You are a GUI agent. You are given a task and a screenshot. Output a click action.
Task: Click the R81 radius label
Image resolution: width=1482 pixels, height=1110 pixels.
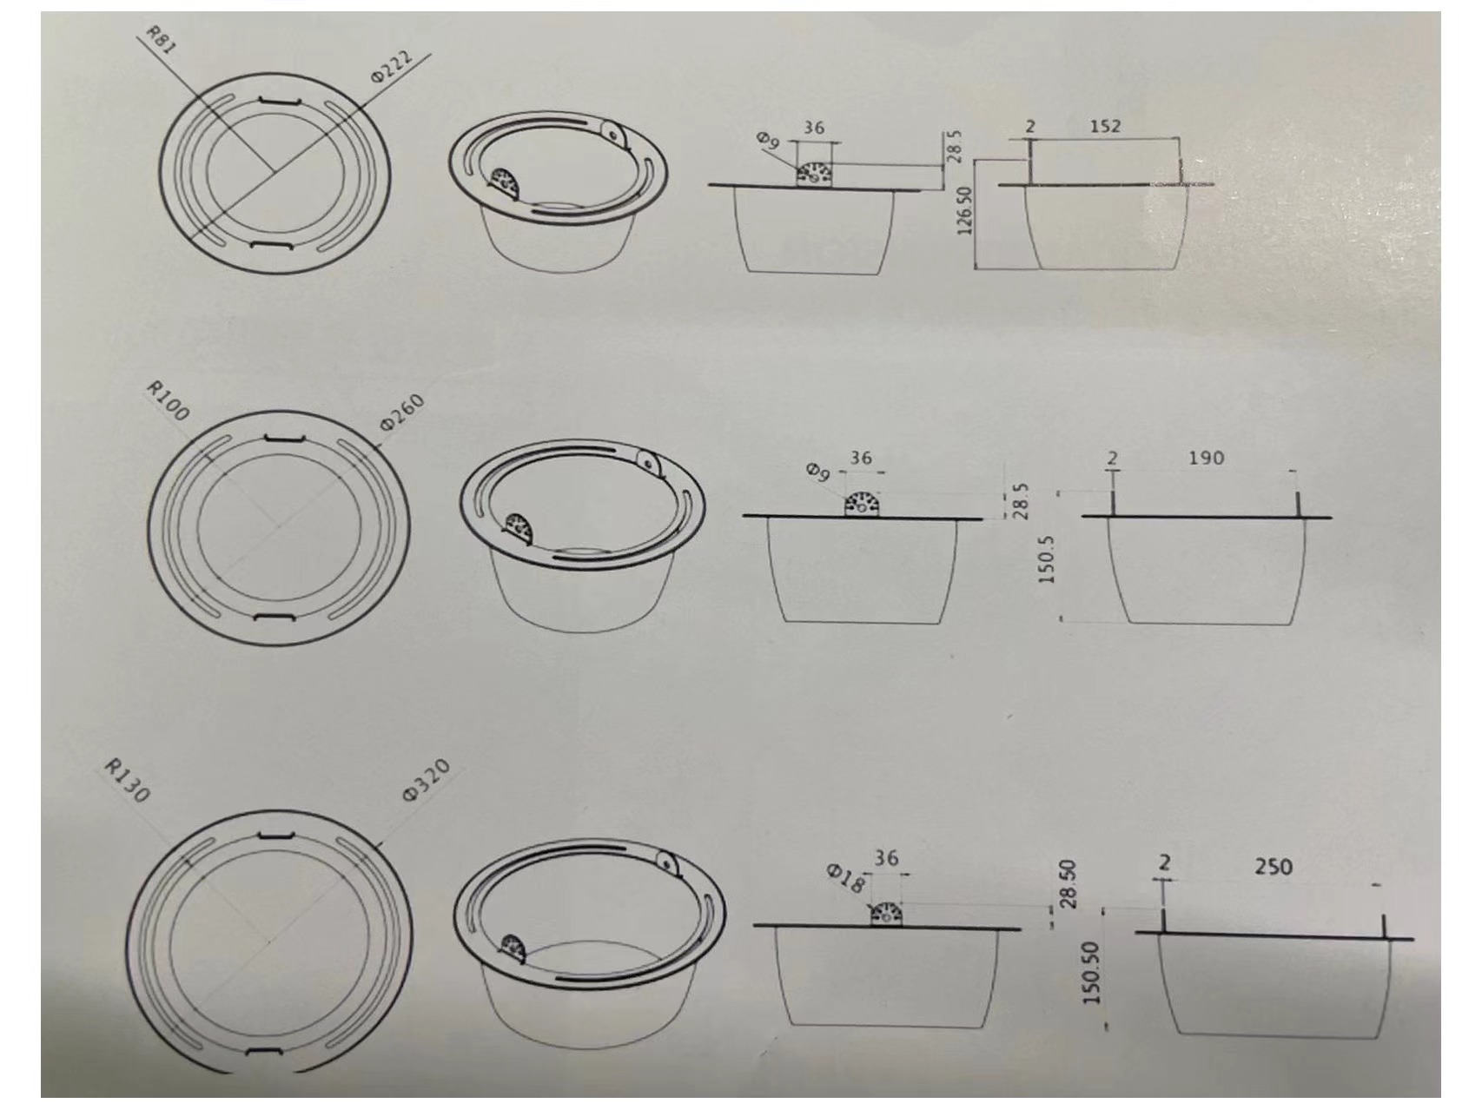161,40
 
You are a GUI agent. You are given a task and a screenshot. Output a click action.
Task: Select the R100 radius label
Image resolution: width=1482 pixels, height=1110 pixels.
168,400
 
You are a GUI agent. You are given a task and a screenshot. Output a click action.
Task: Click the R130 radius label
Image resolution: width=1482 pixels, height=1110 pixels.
128,780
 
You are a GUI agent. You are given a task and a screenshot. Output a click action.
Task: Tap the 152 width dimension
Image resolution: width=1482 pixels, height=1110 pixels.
1105,126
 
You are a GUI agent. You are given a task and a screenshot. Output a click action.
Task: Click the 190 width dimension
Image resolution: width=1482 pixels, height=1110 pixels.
1206,458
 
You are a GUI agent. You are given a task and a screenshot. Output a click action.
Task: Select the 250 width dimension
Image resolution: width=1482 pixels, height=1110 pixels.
1273,866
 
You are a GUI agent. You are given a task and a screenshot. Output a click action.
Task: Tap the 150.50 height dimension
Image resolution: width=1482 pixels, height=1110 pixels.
1091,974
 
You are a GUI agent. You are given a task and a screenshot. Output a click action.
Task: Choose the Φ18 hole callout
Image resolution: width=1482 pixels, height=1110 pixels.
845,879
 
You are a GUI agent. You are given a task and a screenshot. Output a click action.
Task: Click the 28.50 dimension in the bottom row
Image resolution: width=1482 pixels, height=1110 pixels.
1068,884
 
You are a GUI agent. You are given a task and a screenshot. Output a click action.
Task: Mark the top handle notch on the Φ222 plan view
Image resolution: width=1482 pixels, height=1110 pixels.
275,102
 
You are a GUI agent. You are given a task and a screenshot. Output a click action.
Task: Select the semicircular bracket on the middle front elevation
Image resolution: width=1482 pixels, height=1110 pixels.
863,504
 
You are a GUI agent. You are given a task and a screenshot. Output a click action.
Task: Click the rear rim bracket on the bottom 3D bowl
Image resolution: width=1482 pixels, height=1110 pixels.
667,864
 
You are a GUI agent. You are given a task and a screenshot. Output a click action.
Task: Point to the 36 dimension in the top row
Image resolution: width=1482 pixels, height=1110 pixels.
813,128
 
